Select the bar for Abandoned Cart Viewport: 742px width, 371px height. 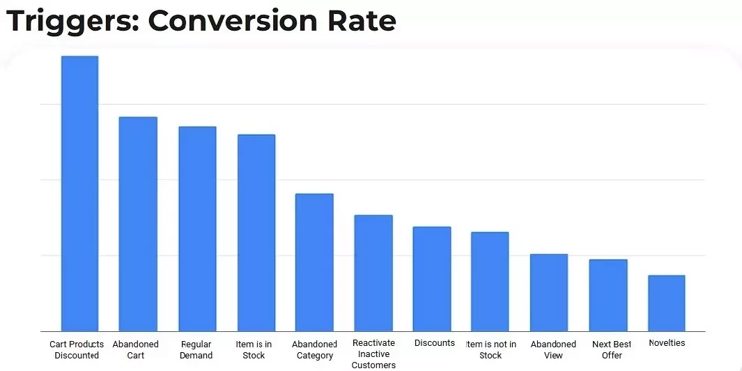click(x=138, y=224)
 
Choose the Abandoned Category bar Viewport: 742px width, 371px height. click(x=314, y=262)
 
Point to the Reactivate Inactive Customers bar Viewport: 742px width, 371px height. click(x=373, y=273)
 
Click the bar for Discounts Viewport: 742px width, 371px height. click(x=432, y=279)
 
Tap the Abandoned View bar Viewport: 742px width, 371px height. click(x=549, y=292)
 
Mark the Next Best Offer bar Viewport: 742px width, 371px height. click(x=608, y=295)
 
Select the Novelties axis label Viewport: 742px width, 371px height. click(x=667, y=343)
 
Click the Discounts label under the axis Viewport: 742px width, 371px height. click(x=434, y=343)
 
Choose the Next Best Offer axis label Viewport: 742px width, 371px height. click(x=612, y=350)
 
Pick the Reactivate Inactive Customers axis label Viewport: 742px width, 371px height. click(x=373, y=354)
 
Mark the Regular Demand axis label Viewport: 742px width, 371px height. click(x=196, y=350)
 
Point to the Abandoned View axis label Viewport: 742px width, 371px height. click(x=553, y=350)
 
